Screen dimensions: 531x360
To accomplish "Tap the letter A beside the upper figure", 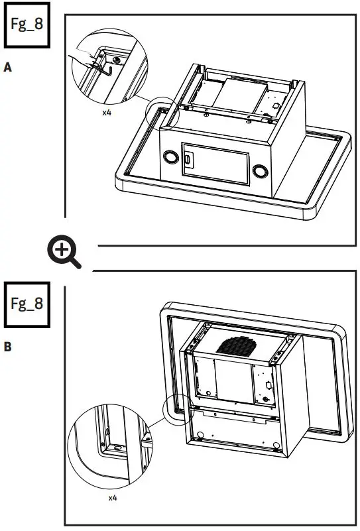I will [9, 68].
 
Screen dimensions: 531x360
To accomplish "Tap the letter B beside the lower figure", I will [9, 346].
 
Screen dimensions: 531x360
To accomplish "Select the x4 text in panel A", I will [106, 113].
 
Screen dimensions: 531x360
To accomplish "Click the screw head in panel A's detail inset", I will [117, 60].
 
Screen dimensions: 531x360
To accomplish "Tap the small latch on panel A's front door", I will [188, 160].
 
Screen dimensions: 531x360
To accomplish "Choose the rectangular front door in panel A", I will [215, 164].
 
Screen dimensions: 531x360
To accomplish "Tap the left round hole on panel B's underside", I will [200, 436].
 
